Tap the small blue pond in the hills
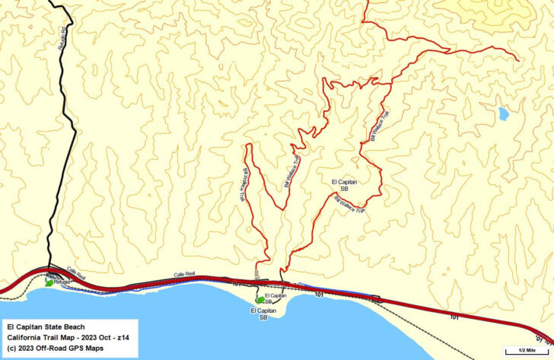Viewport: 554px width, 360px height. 503,114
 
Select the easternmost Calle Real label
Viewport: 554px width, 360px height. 185,273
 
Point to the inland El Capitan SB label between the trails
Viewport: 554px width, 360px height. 345,186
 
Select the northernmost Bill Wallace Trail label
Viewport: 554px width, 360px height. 378,124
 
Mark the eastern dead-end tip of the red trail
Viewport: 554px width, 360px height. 519,59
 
